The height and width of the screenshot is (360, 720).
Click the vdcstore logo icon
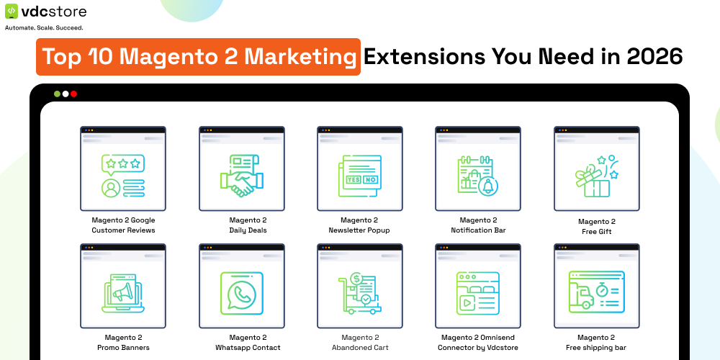click(x=12, y=12)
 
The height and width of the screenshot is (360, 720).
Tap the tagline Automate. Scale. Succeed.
click(x=44, y=28)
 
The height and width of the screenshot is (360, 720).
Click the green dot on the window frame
click(x=57, y=94)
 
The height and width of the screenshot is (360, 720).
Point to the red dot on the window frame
click(x=73, y=94)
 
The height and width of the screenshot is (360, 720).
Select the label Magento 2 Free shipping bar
click(x=596, y=343)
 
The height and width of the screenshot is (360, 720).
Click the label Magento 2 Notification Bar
click(x=478, y=225)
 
